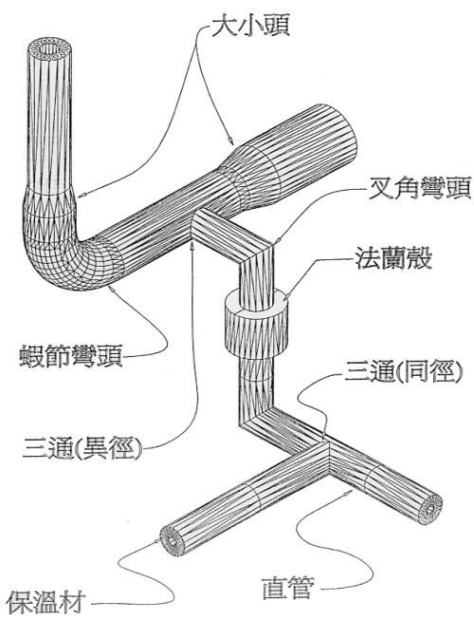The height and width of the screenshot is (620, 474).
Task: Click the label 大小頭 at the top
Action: [x=250, y=27]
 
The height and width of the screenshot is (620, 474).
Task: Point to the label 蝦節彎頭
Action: [x=71, y=355]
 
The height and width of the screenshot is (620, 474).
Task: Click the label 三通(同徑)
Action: [x=403, y=371]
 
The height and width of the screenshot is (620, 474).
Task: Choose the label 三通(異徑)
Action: [x=82, y=448]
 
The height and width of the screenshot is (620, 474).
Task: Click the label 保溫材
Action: [x=46, y=602]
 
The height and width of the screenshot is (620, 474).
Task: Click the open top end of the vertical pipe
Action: [x=49, y=49]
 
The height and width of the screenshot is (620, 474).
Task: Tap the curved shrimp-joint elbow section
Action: [x=67, y=245]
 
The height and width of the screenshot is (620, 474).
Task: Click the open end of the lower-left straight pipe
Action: [x=173, y=541]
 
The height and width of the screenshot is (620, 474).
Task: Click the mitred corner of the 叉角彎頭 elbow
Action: [x=257, y=254]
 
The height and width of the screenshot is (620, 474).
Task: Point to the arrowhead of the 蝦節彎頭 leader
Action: [x=112, y=290]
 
